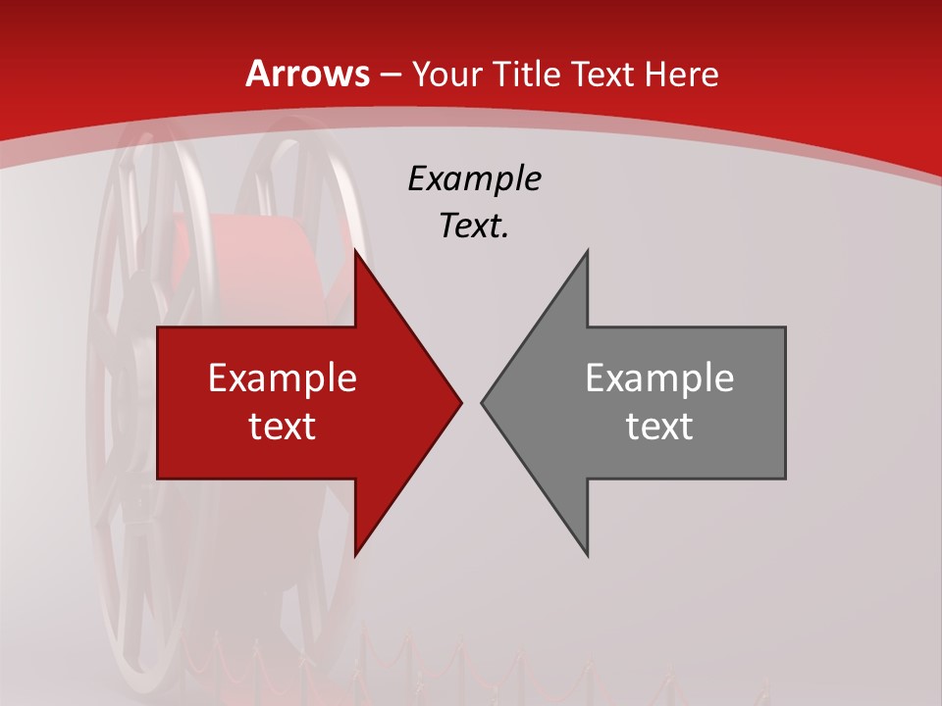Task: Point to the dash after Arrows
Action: [x=390, y=76]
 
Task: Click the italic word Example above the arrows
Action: [x=474, y=179]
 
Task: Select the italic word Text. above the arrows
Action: [x=474, y=227]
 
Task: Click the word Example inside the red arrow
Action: [x=283, y=378]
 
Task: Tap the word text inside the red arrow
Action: [x=283, y=426]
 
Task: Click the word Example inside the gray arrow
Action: [x=659, y=378]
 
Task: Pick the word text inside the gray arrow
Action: [x=659, y=426]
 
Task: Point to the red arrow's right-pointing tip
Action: [x=459, y=402]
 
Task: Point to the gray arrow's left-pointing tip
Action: [x=483, y=402]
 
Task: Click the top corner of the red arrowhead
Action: [x=355, y=252]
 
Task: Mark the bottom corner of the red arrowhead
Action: [x=355, y=554]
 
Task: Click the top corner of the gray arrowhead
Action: [x=587, y=252]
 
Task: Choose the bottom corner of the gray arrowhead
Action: [x=587, y=554]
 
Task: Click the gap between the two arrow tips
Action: [x=471, y=402]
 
